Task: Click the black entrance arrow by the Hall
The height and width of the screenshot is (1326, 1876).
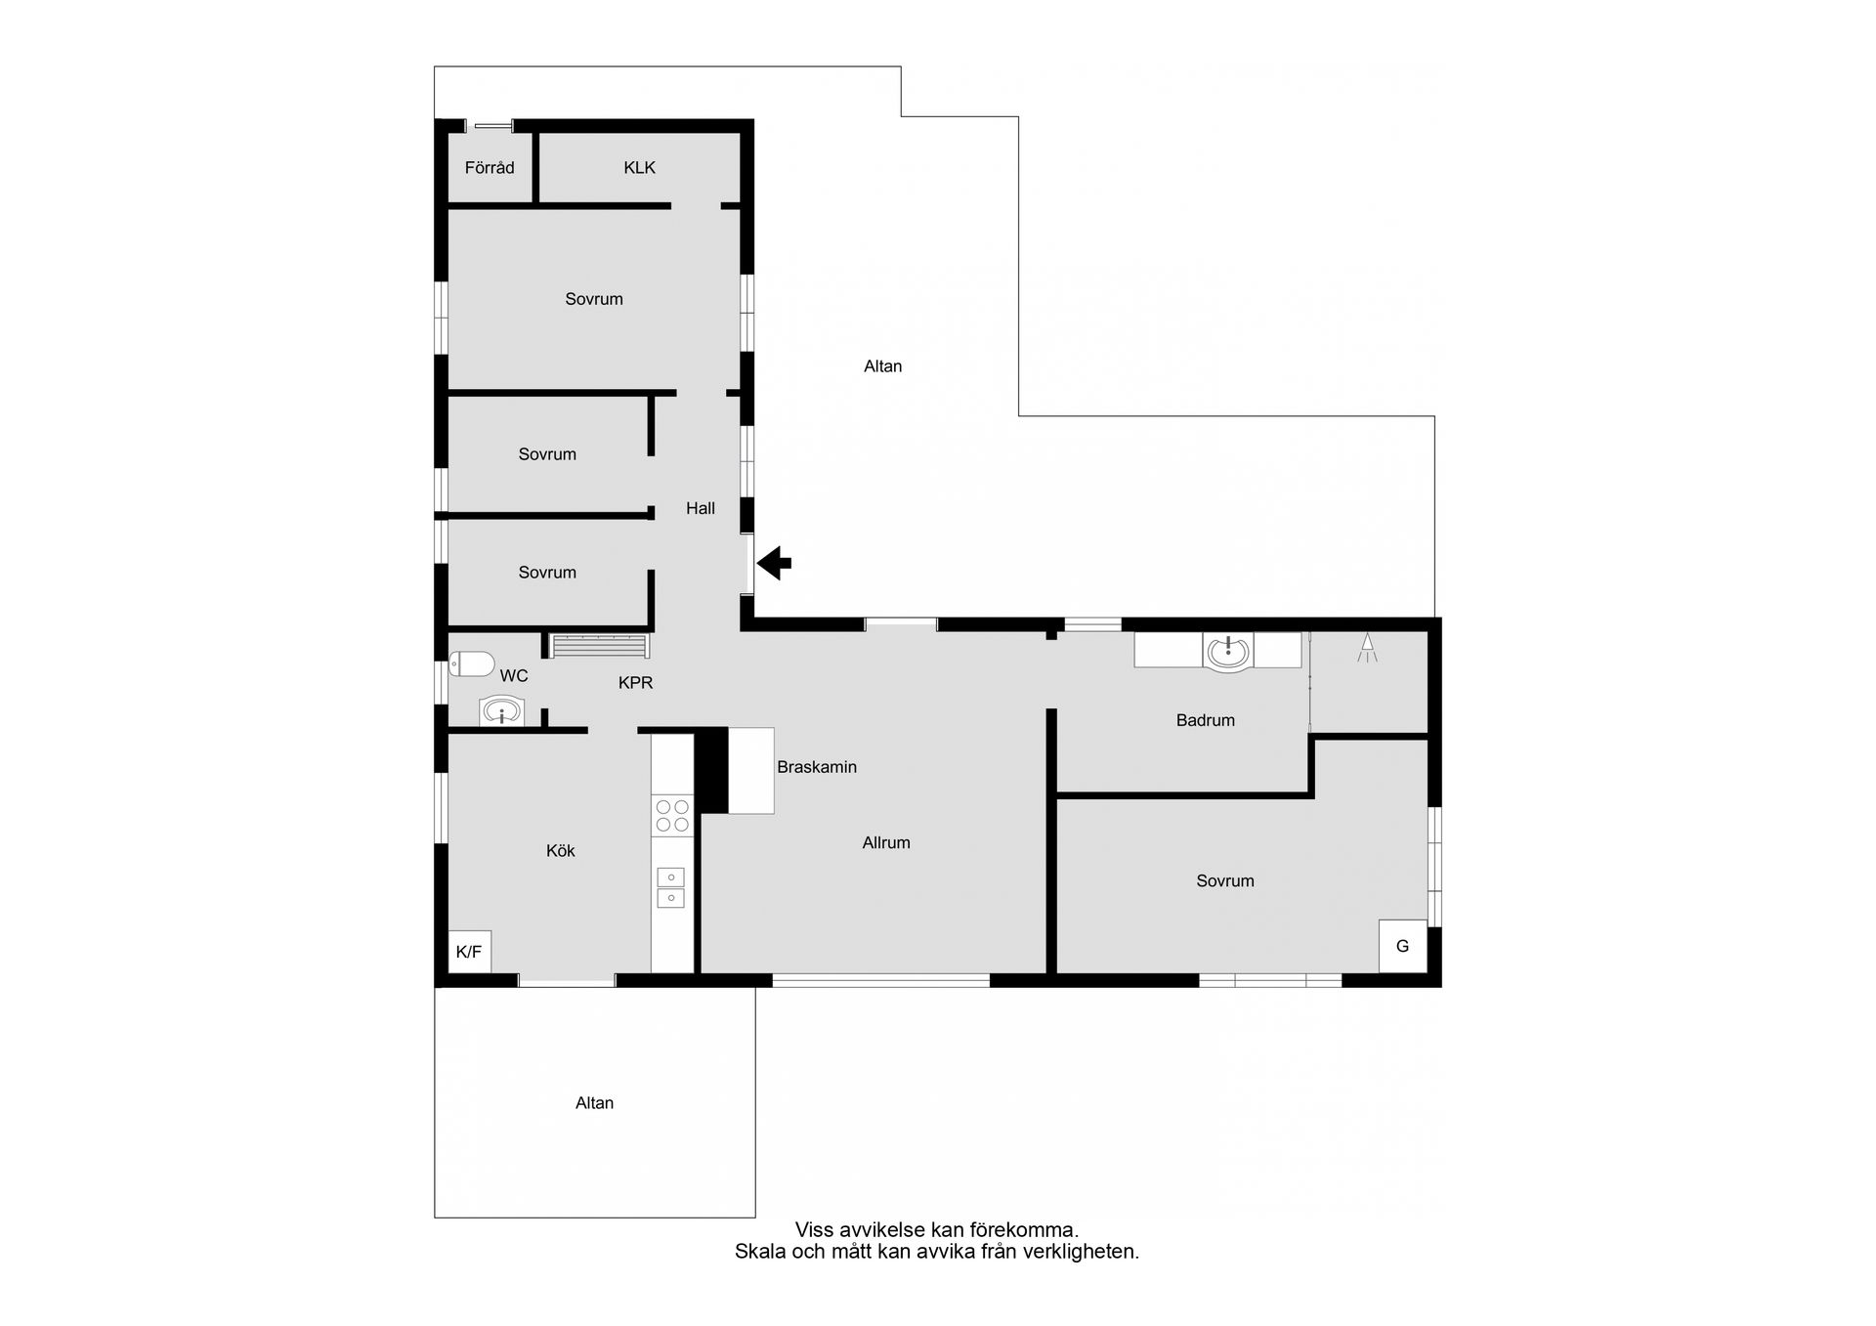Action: coord(774,563)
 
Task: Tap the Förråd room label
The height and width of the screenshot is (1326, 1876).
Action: coord(490,168)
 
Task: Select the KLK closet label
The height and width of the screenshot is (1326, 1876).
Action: coord(640,168)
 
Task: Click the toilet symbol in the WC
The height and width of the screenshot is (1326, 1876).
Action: coord(472,664)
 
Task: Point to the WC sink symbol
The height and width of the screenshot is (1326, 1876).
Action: coord(501,710)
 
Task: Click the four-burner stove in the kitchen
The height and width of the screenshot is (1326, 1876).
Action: coord(672,816)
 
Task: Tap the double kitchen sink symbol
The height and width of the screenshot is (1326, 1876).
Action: coord(671,887)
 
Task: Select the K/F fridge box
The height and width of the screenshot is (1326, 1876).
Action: coord(469,952)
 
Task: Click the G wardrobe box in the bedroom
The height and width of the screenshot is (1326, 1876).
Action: coord(1403,946)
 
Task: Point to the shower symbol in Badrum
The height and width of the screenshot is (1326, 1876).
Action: coord(1367,647)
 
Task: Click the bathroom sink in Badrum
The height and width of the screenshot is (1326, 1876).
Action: coord(1228,652)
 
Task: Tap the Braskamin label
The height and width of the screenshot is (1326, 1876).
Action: coord(817,767)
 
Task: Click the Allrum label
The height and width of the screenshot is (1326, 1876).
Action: coord(886,842)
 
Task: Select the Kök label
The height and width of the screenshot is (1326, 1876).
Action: coord(561,851)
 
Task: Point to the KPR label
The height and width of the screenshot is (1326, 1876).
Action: coord(636,683)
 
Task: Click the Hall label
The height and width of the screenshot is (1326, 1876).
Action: coord(701,508)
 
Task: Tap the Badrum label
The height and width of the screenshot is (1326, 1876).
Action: coord(1206,720)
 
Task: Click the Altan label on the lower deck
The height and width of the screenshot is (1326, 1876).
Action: coord(595,1103)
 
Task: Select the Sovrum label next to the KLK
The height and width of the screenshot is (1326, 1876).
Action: coord(594,299)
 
